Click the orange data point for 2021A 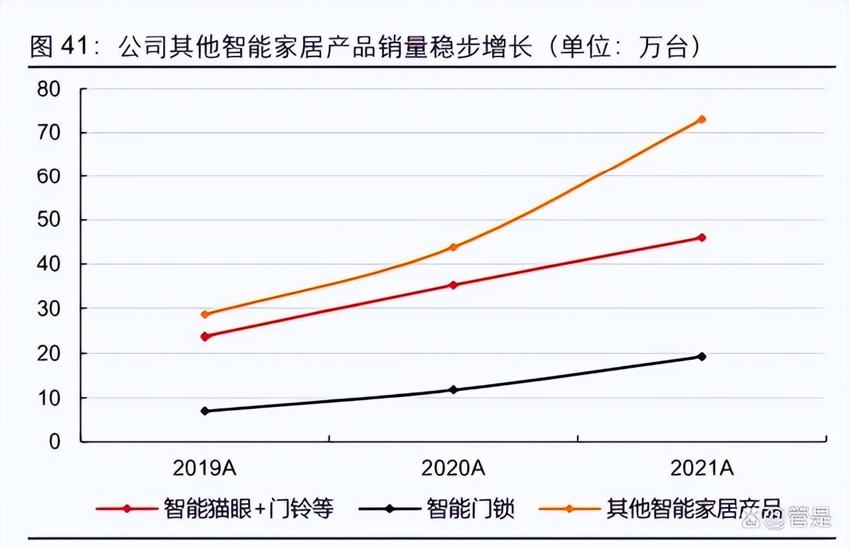pos(702,119)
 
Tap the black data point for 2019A pos(205,411)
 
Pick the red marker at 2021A pos(702,238)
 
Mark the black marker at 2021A pos(702,356)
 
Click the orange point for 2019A pos(205,315)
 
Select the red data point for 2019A pos(205,337)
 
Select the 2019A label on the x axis pos(205,469)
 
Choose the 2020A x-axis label pos(454,469)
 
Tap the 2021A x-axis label pos(702,469)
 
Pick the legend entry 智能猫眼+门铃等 pos(248,510)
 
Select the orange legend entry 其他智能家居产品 pos(694,510)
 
